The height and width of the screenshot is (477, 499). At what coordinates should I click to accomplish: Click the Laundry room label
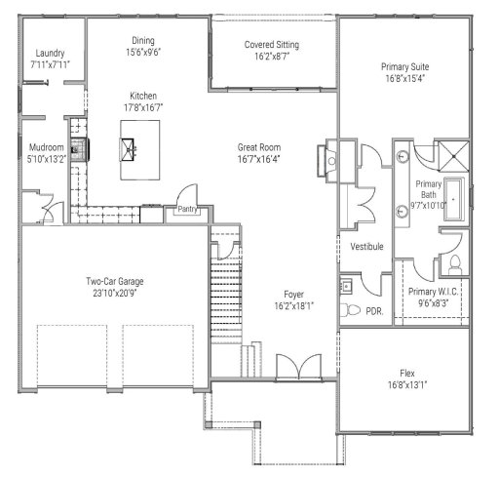[48, 53]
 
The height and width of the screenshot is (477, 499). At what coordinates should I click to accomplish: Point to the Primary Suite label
[404, 67]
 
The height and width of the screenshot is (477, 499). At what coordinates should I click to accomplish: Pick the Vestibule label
[366, 247]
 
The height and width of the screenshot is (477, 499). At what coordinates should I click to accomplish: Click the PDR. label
[373, 311]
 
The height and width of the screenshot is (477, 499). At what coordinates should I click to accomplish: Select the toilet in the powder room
[352, 308]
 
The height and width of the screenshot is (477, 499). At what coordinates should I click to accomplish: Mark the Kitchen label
[143, 96]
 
